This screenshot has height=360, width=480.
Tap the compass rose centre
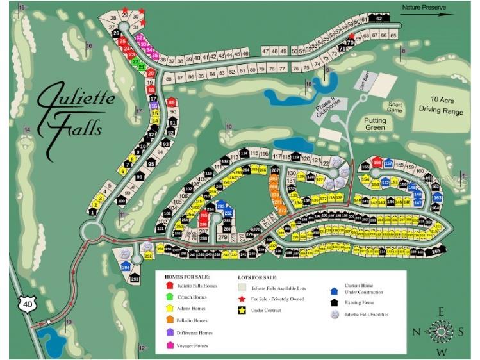tap(441, 331)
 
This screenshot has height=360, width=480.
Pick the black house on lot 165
tap(436, 251)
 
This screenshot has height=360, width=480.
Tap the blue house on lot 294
tap(126, 266)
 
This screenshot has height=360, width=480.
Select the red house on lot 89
tap(171, 102)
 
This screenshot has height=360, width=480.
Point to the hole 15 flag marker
tap(21, 8)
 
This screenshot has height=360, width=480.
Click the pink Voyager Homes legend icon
tap(170, 345)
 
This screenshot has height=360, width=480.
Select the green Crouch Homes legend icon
tap(170, 296)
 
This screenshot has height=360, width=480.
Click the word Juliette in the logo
tap(76, 99)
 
